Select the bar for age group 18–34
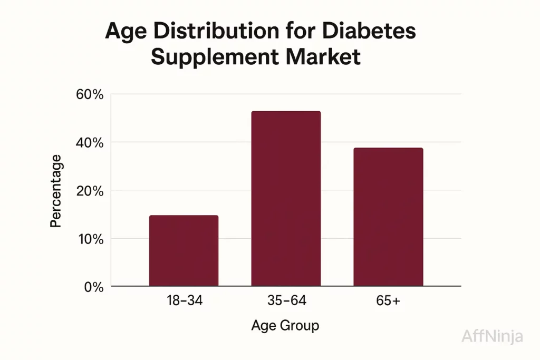click(x=184, y=251)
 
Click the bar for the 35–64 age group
click(x=286, y=199)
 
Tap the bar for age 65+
click(x=388, y=217)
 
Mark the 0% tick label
click(x=94, y=287)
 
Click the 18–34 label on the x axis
click(x=184, y=301)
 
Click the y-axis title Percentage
click(x=56, y=191)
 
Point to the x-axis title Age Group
click(x=285, y=326)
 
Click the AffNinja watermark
click(x=493, y=336)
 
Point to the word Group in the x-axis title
click(x=300, y=326)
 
